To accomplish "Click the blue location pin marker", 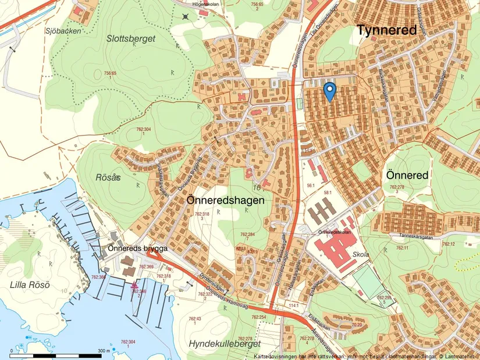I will click(329, 91).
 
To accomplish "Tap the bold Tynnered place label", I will click(386, 30).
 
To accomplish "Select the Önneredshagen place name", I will click(226, 199).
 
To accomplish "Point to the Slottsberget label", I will click(131, 38).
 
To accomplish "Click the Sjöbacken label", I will click(63, 31).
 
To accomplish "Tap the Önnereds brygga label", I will click(138, 248).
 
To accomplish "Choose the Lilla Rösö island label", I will click(30, 284).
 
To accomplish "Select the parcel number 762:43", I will click(194, 318).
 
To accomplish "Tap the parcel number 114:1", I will click(293, 305).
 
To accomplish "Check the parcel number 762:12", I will click(449, 244).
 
